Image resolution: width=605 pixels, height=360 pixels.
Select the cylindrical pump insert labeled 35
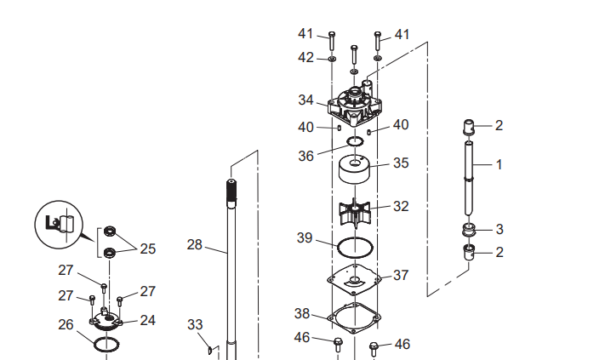355,169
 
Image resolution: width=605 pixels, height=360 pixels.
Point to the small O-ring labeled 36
356,141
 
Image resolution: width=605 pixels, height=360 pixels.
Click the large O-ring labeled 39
355,247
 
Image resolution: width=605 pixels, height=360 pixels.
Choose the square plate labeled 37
354,278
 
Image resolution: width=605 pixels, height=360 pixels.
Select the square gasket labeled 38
354,317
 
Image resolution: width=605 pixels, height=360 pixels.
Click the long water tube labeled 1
469,178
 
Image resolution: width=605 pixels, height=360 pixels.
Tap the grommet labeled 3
469,230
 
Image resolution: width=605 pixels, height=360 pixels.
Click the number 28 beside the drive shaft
195,244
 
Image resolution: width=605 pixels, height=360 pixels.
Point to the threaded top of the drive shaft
231,190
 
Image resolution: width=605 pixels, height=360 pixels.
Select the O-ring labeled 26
106,344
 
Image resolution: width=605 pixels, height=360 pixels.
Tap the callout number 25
148,249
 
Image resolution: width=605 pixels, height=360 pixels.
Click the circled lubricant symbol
59,225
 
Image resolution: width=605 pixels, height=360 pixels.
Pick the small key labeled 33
210,351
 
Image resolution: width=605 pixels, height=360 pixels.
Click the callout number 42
305,58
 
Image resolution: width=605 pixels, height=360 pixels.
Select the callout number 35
401,163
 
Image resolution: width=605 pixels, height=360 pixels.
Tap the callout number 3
499,229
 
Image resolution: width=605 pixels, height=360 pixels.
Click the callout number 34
306,100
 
